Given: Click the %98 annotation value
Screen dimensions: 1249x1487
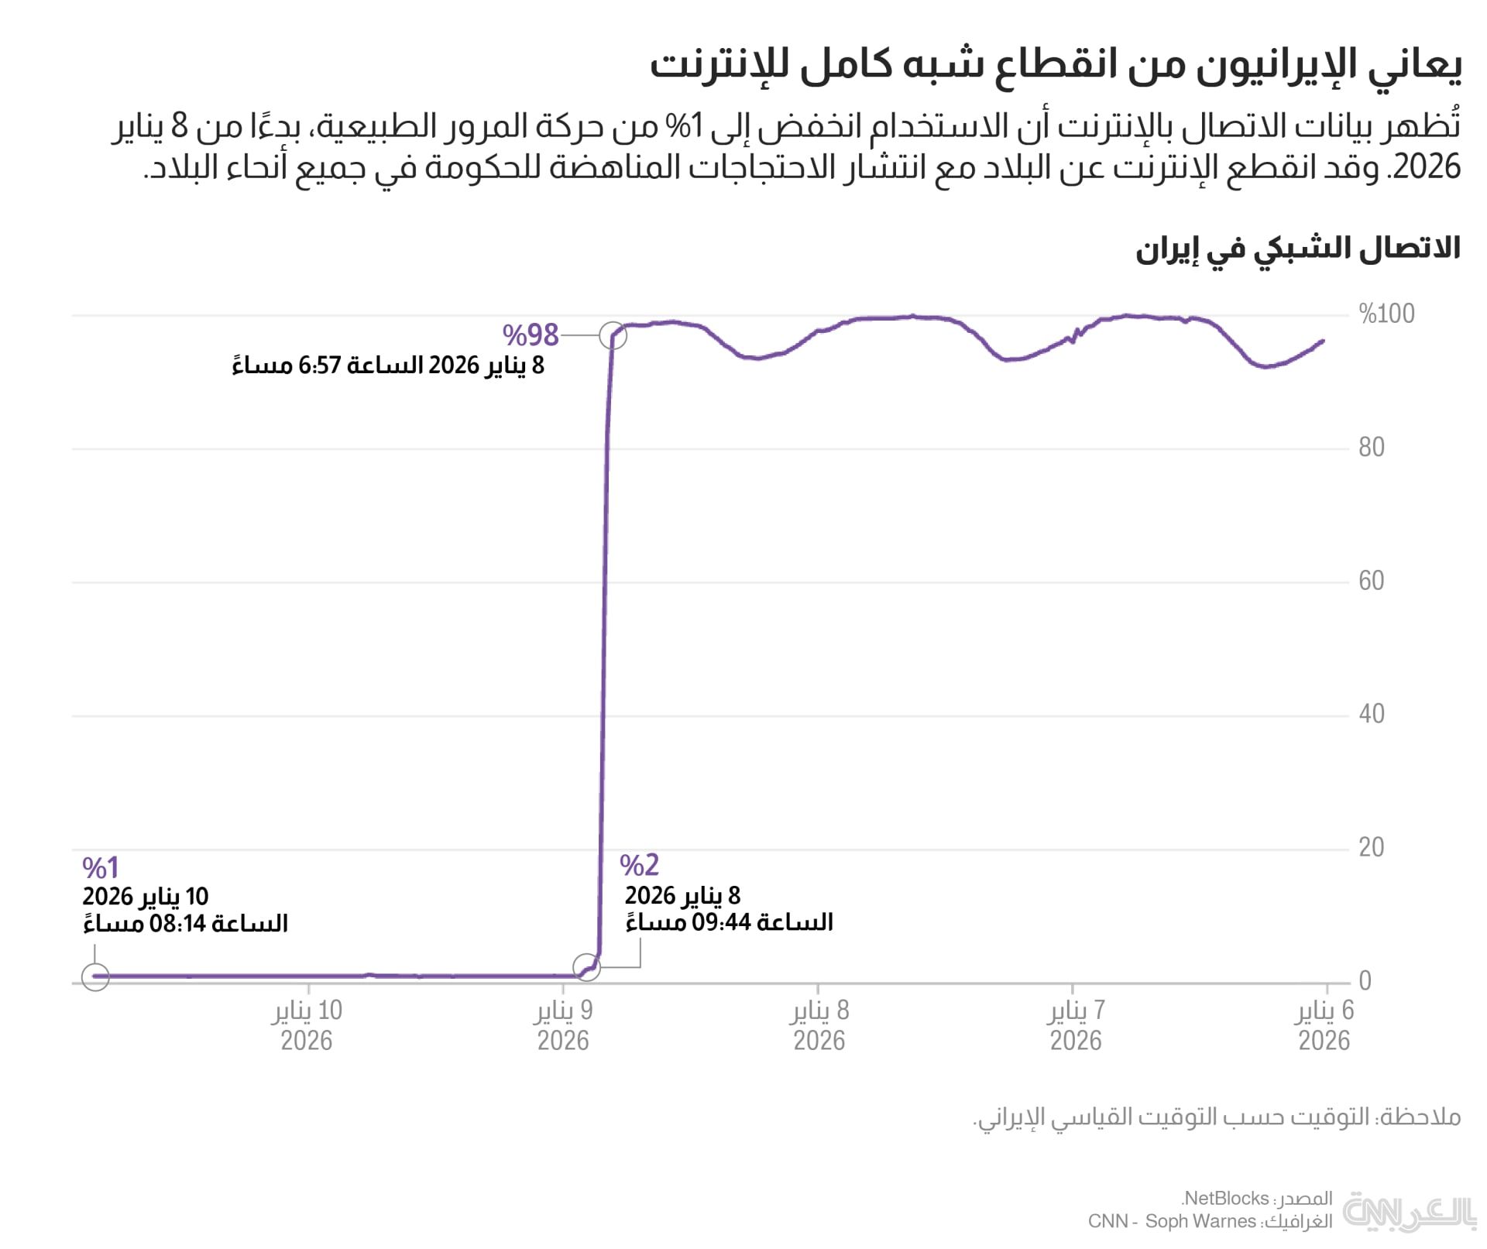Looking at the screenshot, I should point(531,335).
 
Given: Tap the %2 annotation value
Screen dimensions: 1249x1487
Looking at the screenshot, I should point(639,865).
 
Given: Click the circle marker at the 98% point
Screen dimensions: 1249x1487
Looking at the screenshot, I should point(613,335).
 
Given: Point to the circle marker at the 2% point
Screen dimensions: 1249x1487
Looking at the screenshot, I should point(586,967).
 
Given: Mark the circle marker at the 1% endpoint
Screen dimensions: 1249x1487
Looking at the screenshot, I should point(95,977).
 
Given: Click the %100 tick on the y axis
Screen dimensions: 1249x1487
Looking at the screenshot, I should point(1386,314).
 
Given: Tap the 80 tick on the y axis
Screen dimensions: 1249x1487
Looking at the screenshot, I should point(1371,448).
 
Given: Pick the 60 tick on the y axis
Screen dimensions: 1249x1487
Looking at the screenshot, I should point(1371,581).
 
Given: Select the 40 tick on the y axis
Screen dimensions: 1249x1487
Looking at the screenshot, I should point(1371,714).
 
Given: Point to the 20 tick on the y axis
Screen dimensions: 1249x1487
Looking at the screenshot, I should point(1371,848).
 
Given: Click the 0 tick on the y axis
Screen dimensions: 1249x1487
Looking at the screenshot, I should point(1365,981).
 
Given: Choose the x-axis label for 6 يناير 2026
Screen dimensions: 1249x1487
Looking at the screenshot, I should point(1324,1025).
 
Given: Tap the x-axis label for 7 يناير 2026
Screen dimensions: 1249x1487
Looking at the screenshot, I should point(1076,1025).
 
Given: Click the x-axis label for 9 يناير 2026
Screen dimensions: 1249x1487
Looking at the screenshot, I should point(563,1025).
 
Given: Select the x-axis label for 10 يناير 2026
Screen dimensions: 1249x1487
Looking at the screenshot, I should point(307,1025).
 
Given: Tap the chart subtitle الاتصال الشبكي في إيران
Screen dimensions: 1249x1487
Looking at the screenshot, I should point(1297,249).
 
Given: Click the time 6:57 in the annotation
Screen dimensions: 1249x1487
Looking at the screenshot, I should point(319,365).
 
